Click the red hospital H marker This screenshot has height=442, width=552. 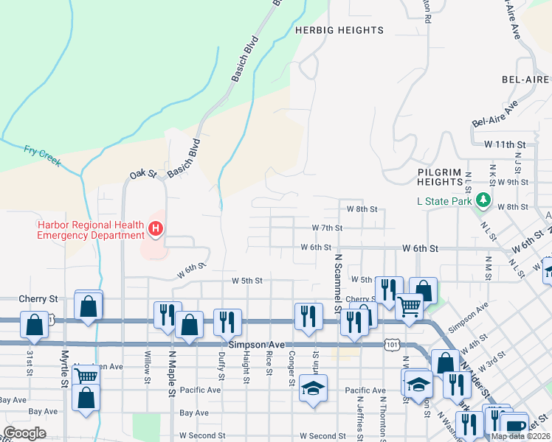coord(155,229)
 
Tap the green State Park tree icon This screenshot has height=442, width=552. coord(483,200)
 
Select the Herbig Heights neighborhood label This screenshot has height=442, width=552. coord(339,30)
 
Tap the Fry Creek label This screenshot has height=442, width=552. coord(41,155)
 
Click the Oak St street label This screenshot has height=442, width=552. coord(143,174)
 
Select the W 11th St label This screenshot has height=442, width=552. coord(504,144)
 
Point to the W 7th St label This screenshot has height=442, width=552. coord(327,228)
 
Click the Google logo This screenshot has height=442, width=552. coord(24,433)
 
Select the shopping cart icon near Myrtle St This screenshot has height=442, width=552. coord(86,376)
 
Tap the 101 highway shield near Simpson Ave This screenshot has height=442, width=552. coord(393,344)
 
